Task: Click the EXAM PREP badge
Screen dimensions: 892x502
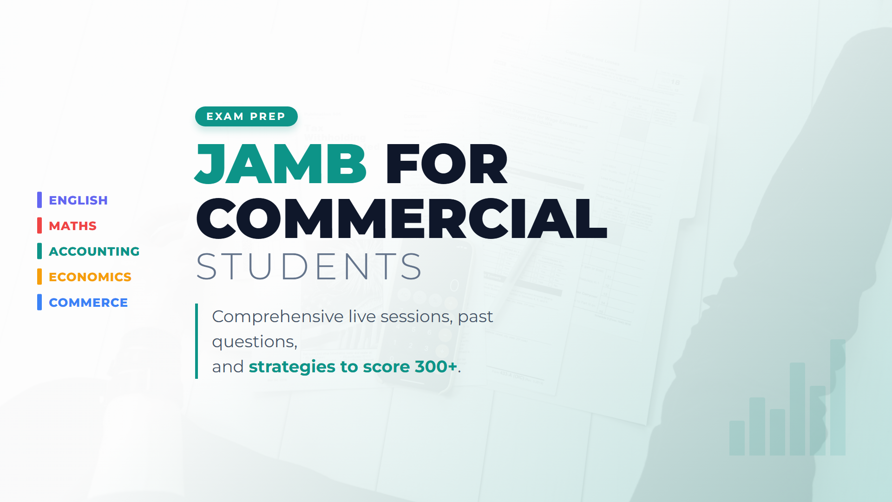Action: (x=246, y=116)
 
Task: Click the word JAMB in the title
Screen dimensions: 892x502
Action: (x=281, y=164)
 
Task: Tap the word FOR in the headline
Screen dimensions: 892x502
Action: (x=446, y=164)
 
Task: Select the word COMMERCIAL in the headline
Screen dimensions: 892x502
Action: (x=402, y=218)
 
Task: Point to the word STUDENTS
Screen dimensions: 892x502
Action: (x=309, y=267)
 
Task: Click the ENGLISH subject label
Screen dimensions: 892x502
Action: (x=78, y=200)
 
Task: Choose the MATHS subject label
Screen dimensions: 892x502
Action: (x=72, y=226)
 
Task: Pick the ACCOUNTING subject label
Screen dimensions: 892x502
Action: (x=94, y=251)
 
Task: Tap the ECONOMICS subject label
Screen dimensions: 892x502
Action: (x=90, y=277)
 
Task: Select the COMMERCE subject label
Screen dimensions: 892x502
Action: (x=88, y=303)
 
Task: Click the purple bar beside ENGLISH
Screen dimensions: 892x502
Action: (x=39, y=200)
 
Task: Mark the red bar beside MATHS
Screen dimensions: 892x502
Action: (x=39, y=225)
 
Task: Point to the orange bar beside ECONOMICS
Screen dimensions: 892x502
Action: (x=39, y=277)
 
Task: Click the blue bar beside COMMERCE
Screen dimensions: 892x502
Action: (x=39, y=302)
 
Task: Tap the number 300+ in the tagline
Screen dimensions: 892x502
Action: (x=436, y=366)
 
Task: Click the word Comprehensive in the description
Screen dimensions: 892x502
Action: (x=278, y=317)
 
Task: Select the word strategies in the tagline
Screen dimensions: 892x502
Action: (x=292, y=367)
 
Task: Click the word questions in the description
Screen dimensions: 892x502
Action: (x=255, y=342)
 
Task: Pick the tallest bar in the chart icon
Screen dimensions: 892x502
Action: (x=838, y=397)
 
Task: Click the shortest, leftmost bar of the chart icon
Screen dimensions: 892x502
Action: (x=737, y=438)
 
